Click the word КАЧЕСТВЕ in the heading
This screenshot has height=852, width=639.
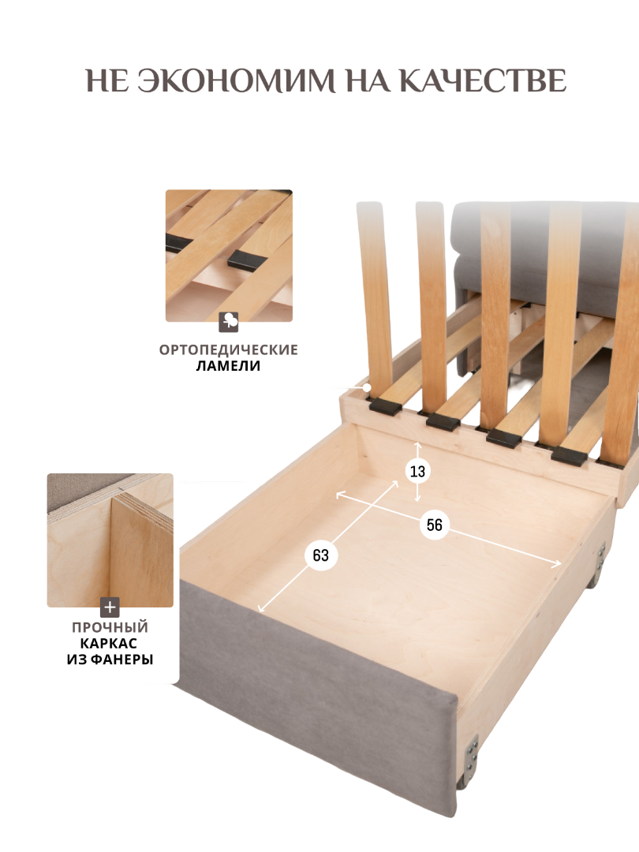pyautogui.click(x=483, y=80)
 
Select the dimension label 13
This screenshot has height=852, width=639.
pyautogui.click(x=417, y=471)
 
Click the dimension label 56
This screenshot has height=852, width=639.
pyautogui.click(x=434, y=525)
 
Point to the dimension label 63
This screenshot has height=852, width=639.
pyautogui.click(x=320, y=555)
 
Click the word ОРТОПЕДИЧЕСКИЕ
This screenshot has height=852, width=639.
pyautogui.click(x=229, y=349)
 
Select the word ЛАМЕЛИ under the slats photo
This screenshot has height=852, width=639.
pyautogui.click(x=228, y=366)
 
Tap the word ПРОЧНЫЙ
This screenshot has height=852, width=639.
pyautogui.click(x=110, y=627)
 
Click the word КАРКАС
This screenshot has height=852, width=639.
pyautogui.click(x=109, y=644)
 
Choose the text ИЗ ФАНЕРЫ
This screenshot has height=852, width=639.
pyautogui.click(x=110, y=660)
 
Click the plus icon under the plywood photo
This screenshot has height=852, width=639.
pyautogui.click(x=110, y=607)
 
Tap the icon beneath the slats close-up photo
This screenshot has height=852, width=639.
pyautogui.click(x=229, y=322)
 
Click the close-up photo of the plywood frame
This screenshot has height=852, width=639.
pyautogui.click(x=110, y=540)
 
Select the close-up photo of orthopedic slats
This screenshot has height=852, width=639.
pyautogui.click(x=229, y=256)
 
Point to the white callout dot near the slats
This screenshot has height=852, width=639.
pyautogui.click(x=368, y=387)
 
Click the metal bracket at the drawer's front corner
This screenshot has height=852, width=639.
pyautogui.click(x=470, y=753)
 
